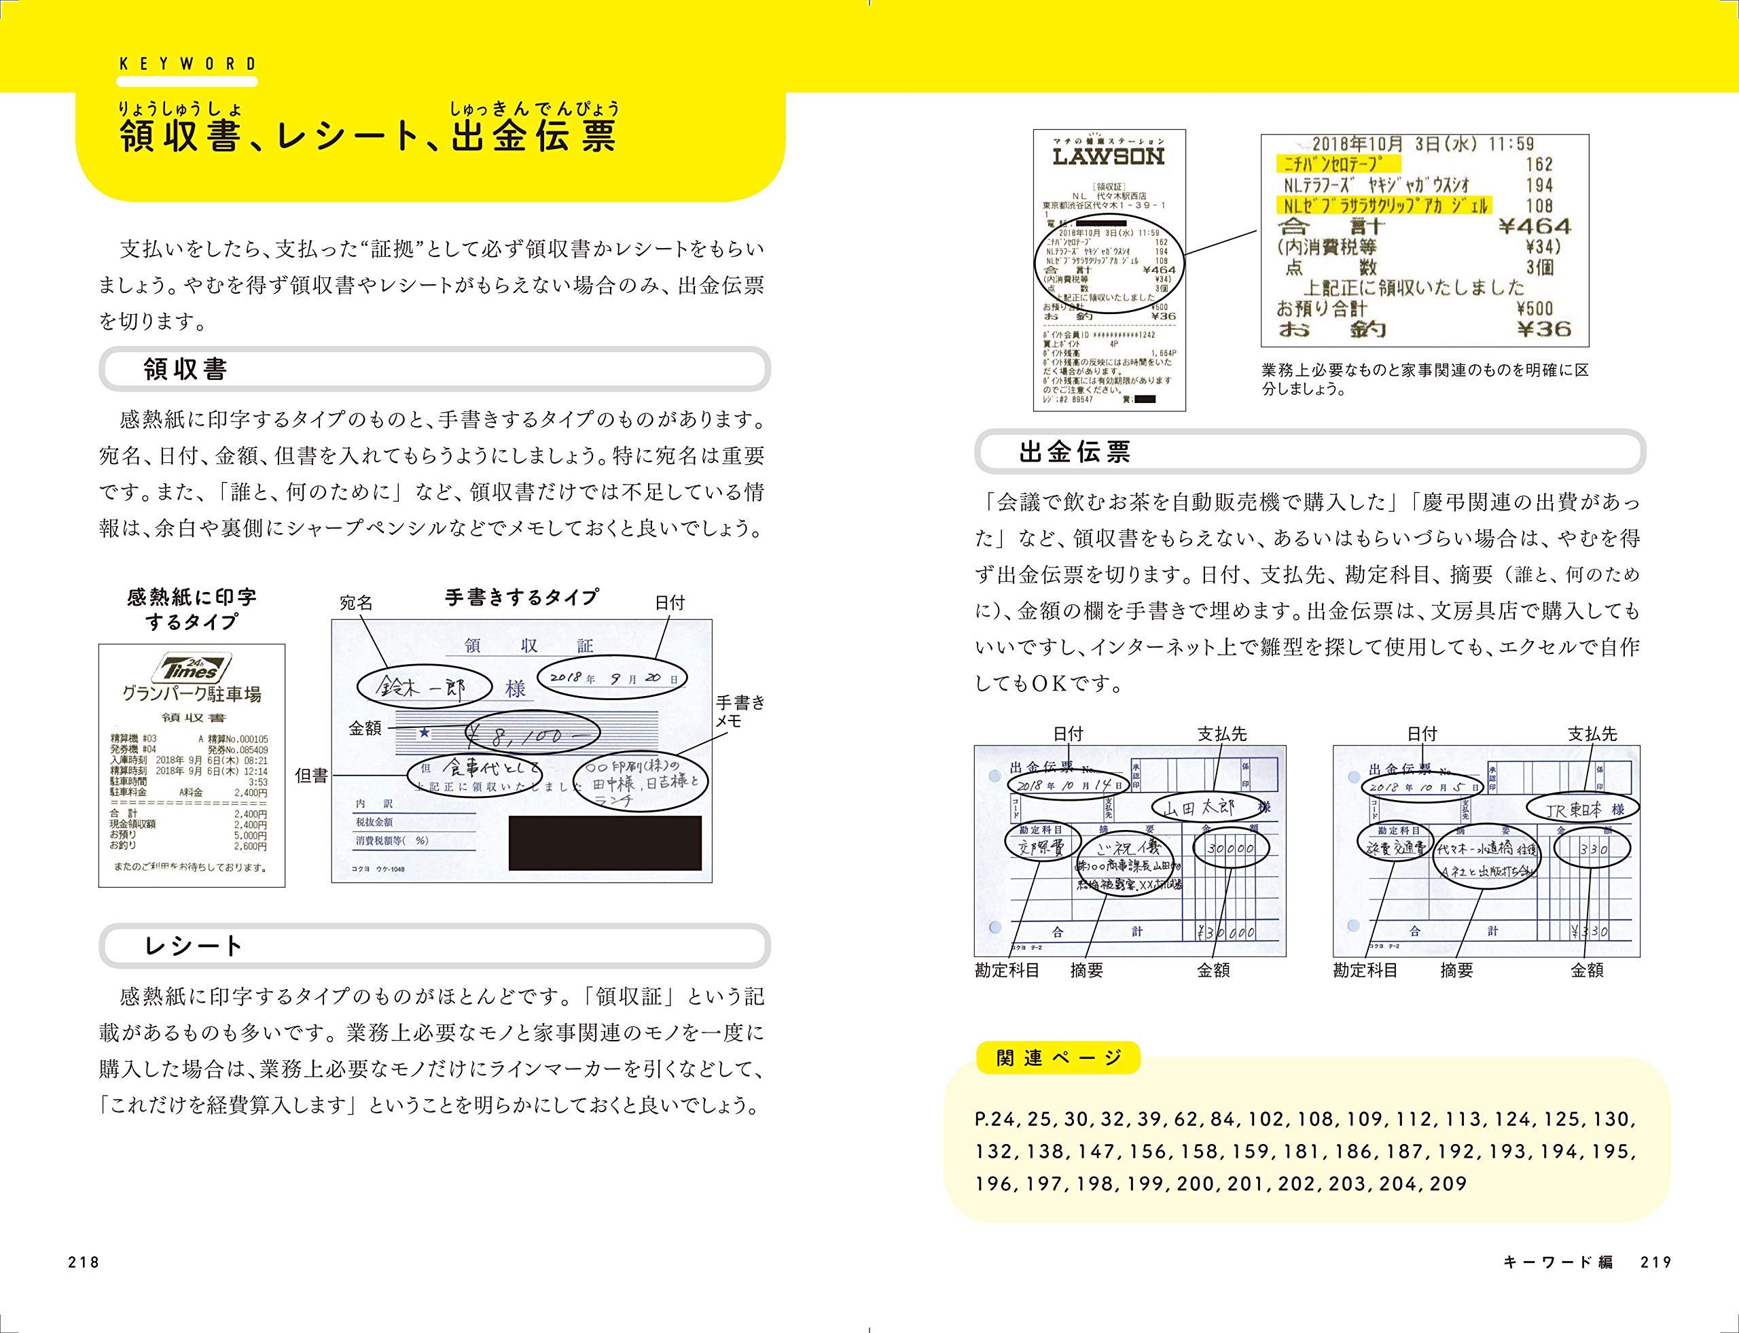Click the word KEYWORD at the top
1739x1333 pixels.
[x=188, y=65]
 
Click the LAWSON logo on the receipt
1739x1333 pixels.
[x=1108, y=157]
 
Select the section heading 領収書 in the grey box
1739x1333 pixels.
[x=185, y=369]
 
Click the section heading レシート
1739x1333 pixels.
[x=193, y=946]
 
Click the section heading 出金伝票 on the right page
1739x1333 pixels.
[x=1075, y=452]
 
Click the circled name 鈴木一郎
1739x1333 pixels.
[x=421, y=687]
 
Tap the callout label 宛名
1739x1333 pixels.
[x=356, y=603]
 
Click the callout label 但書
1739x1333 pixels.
[x=311, y=775]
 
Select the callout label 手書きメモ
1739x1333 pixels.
[x=740, y=711]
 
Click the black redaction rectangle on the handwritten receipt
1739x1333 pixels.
[x=605, y=844]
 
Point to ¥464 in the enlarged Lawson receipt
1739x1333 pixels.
[x=1535, y=226]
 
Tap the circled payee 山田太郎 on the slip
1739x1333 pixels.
[x=1208, y=808]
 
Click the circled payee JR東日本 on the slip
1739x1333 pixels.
[x=1583, y=808]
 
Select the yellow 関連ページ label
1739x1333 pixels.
[x=1058, y=1058]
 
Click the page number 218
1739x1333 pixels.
[x=84, y=1262]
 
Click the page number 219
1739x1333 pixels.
[x=1657, y=1262]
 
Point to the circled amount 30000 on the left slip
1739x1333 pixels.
[x=1231, y=848]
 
